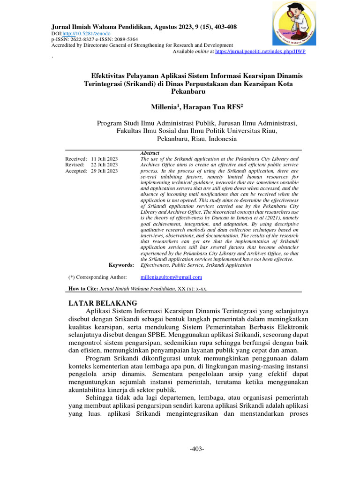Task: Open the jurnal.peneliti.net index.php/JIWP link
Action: coord(260,51)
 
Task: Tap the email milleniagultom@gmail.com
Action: coord(171,277)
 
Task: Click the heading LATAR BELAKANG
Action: coord(103,303)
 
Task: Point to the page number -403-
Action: coord(197,449)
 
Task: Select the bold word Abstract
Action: coord(150,153)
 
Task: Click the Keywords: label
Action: coord(121,265)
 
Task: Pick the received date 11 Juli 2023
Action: coord(105,159)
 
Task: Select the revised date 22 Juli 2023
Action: coord(105,165)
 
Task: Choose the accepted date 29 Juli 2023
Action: coord(105,171)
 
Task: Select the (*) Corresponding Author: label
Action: coord(97,277)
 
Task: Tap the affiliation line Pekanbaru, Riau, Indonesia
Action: coord(196,139)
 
